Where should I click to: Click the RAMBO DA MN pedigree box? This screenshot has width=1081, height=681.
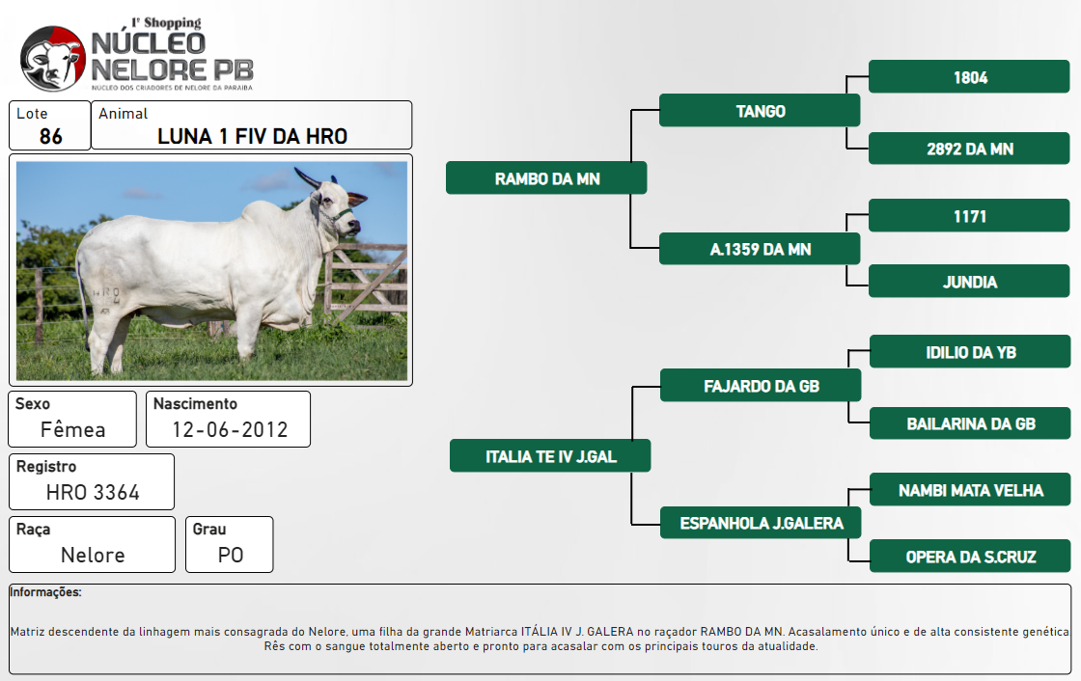coord(546,177)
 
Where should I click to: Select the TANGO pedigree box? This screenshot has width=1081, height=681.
coord(760,110)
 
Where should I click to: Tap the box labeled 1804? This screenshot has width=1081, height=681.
coord(969,76)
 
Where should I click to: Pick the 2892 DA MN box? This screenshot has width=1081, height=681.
coord(969,149)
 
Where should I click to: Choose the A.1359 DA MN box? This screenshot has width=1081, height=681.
coord(760,249)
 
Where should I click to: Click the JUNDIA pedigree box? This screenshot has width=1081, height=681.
coord(969,282)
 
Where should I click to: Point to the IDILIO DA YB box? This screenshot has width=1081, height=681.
coord(970,351)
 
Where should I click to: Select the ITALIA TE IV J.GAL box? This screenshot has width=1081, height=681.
coord(550,455)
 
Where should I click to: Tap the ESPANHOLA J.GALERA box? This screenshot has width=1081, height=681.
coord(762,523)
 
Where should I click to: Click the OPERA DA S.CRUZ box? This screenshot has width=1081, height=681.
coord(970,557)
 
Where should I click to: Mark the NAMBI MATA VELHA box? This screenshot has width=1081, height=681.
coord(970,489)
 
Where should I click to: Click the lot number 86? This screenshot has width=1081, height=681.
coord(50,136)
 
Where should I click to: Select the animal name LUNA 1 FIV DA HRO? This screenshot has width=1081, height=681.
coord(252,136)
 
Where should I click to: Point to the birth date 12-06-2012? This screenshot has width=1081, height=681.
coord(230,429)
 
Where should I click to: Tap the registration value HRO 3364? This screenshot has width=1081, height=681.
coord(93,492)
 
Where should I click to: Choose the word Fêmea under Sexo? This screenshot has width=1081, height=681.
coord(72,429)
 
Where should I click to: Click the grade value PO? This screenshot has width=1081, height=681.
coord(231,555)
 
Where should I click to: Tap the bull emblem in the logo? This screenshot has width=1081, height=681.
coord(53,59)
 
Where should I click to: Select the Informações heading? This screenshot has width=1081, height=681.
coord(45,592)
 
